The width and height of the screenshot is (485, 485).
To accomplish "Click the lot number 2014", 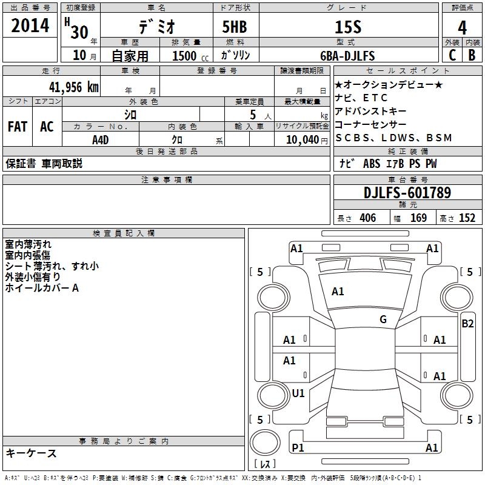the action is [x=30, y=26].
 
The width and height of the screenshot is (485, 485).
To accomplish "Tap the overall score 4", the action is [x=462, y=27].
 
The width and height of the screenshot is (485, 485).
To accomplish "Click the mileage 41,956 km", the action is [x=70, y=87].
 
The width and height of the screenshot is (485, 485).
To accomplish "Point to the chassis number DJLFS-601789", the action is [x=407, y=193].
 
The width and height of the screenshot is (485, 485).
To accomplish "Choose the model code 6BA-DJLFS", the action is [x=347, y=56].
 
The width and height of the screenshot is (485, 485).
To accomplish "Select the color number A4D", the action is [x=101, y=139].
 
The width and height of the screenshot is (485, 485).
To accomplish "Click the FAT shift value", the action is [x=18, y=127].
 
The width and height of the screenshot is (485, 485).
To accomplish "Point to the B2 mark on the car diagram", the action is [x=467, y=324].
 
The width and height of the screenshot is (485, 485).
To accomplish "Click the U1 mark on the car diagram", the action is [x=298, y=393].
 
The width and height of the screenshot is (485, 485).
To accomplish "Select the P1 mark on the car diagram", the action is [x=298, y=447].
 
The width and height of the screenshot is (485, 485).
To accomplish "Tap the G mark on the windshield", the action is [x=383, y=319].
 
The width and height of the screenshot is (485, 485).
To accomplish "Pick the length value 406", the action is [x=367, y=218].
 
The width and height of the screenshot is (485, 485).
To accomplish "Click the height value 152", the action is [x=467, y=218].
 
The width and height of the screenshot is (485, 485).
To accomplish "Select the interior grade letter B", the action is [x=472, y=55].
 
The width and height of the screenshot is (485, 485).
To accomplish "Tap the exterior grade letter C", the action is [x=452, y=55].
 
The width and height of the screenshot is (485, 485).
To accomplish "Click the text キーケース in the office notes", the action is [x=32, y=453].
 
